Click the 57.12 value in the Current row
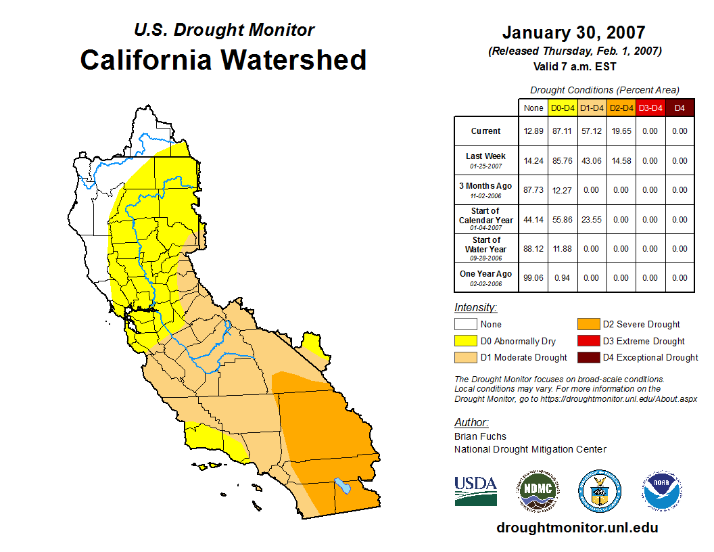pos(592,131)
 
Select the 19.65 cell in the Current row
pos(621,131)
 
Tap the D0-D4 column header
pos(563,108)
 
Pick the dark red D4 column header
pos(680,108)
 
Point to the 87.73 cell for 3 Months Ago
pos(533,190)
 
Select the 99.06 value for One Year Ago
pos(533,278)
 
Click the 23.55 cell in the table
pos(592,220)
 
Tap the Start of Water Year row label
pos(486,245)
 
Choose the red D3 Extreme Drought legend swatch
pos(589,341)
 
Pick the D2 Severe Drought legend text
pos(641,325)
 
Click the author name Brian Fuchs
pos(480,436)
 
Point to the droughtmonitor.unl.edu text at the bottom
pos(577,528)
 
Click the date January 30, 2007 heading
pos(573,32)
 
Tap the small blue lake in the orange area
pos(343,486)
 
